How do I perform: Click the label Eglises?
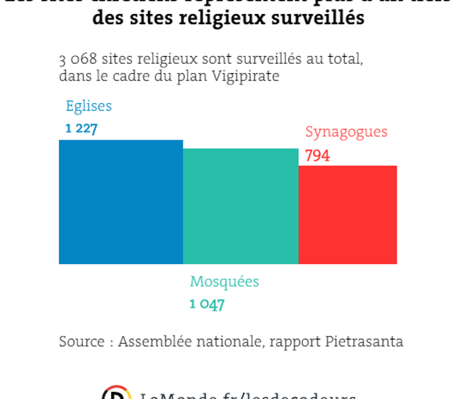coord(88,106)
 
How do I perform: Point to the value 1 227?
coord(81,128)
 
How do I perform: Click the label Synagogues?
coord(346,132)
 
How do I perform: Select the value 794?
coord(317,156)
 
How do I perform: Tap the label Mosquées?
coord(224,282)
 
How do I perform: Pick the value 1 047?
coord(207,305)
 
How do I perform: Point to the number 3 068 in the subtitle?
coord(75,59)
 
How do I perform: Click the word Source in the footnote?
coord(82,342)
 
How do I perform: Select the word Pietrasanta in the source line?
coord(365,342)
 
